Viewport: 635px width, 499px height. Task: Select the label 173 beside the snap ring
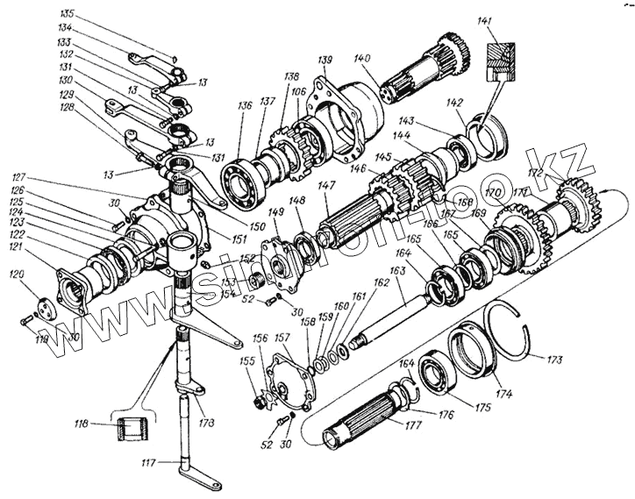pos(554,360)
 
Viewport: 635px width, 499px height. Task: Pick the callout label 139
pos(325,60)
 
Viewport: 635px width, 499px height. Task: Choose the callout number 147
pos(325,187)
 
